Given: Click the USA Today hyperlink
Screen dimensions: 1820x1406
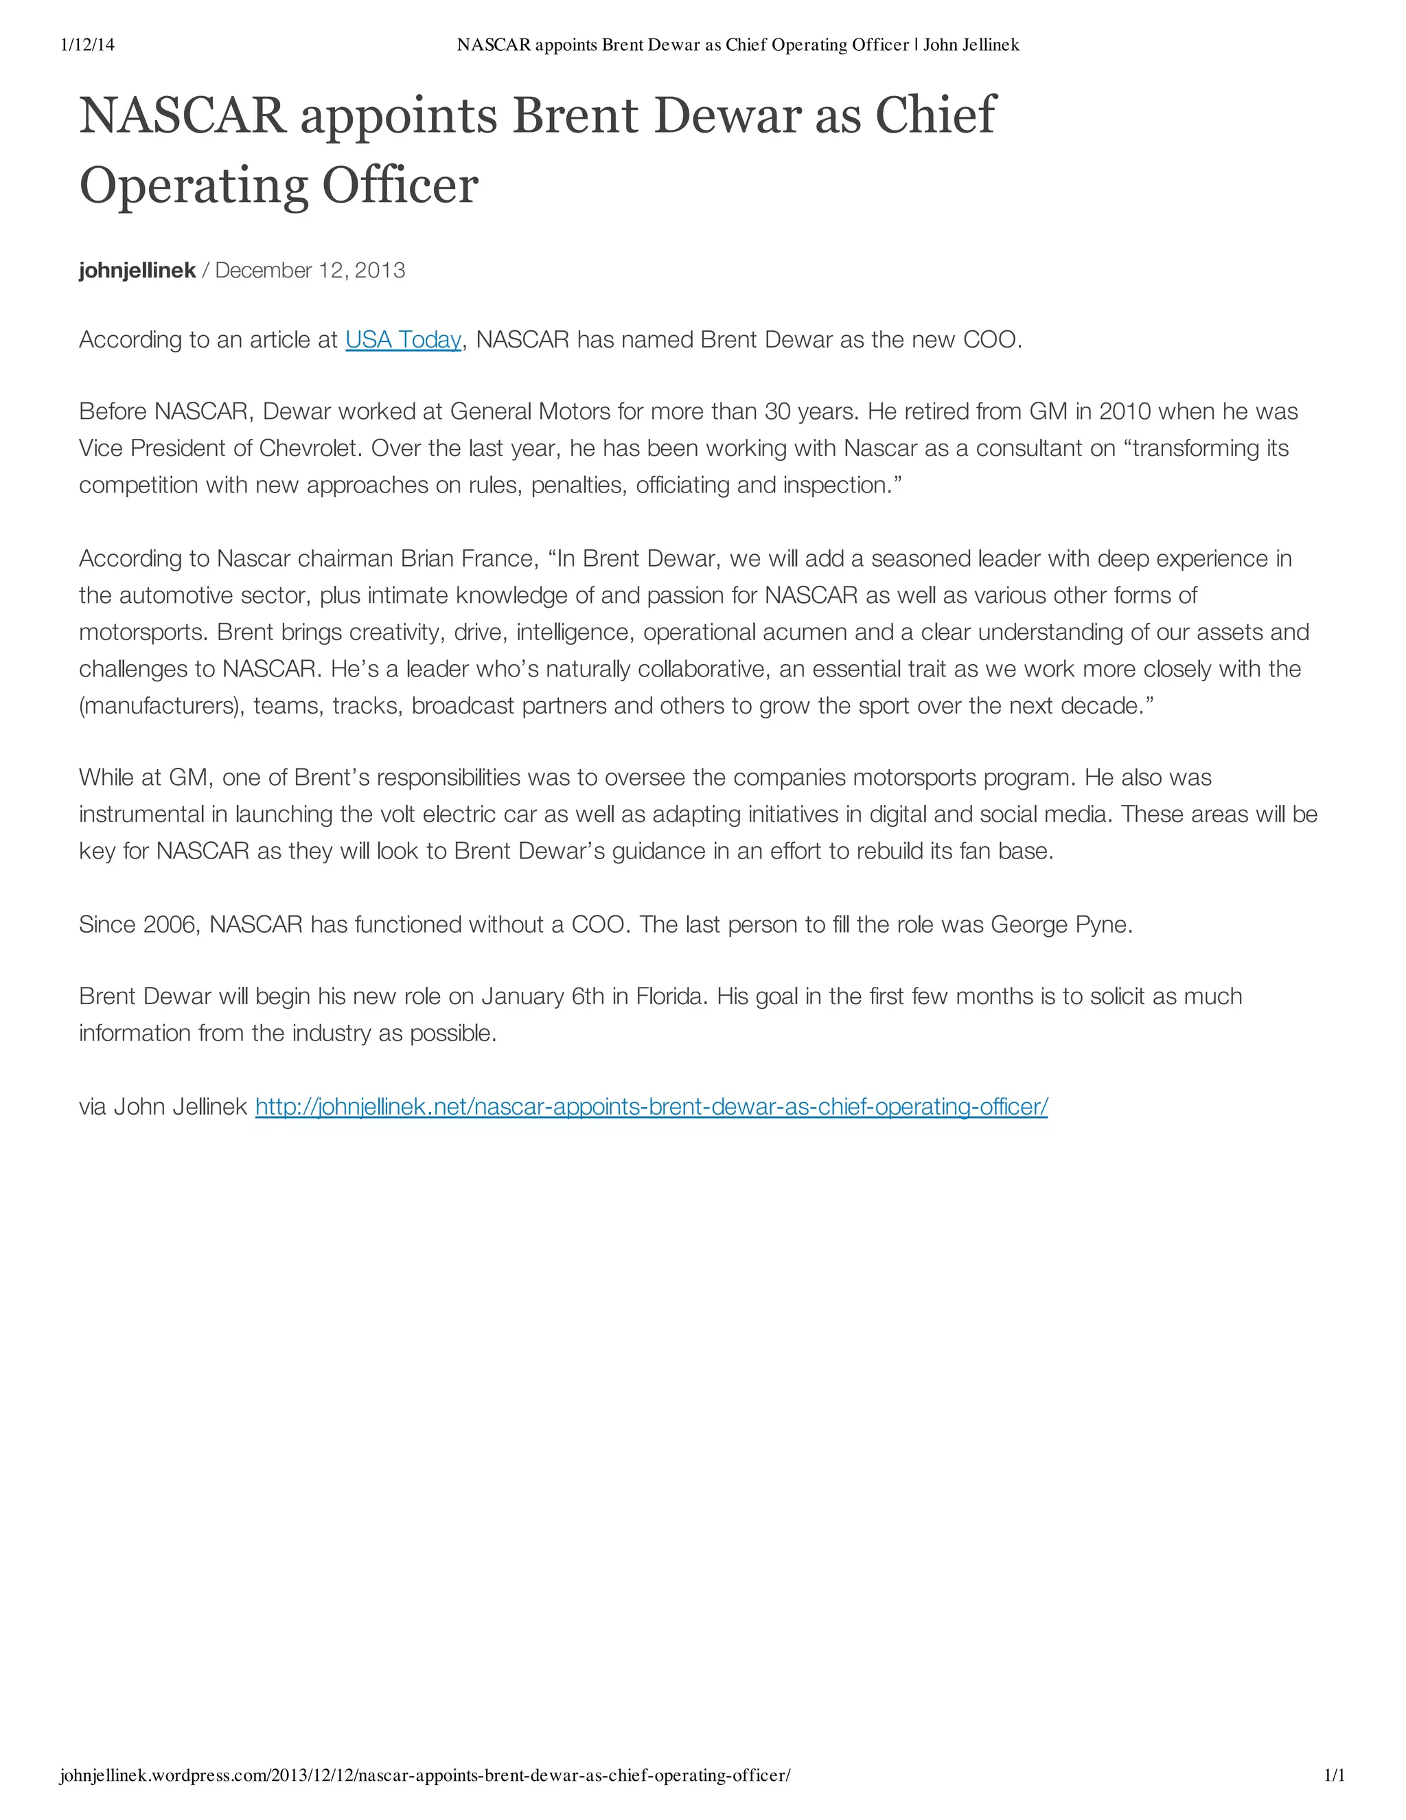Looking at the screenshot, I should click(403, 340).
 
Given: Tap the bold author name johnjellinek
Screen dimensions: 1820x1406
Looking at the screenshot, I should click(137, 271).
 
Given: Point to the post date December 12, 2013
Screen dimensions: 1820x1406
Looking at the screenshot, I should click(310, 271).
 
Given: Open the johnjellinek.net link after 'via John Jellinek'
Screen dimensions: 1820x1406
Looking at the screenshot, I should click(652, 1106).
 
